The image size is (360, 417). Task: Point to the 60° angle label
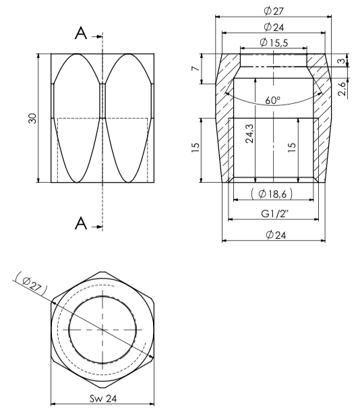tap(272, 100)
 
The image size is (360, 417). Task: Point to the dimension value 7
tap(194, 69)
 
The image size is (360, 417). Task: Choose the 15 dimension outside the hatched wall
tap(194, 148)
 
